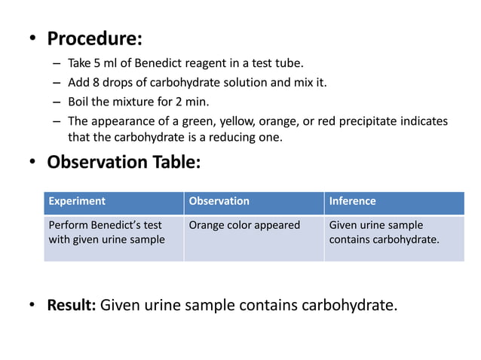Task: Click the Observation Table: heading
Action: tap(124, 162)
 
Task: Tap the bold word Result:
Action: tap(71, 305)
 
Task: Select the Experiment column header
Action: tap(77, 201)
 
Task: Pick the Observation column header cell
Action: tap(219, 201)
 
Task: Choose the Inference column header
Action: tap(352, 201)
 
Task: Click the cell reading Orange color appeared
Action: tap(244, 225)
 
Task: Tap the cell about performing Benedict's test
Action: tap(106, 232)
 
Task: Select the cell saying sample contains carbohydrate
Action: tap(384, 232)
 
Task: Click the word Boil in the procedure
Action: tap(80, 102)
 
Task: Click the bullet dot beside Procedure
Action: tap(32, 38)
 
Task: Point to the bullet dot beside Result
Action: tap(32, 306)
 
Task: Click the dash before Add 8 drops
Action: tap(57, 82)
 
